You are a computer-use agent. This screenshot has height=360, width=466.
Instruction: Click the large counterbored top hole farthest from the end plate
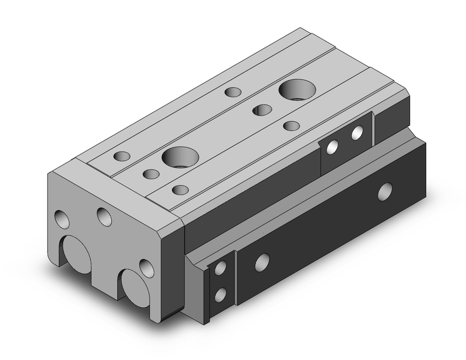point(297,89)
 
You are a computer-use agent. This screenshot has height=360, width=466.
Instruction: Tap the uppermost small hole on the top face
point(232,92)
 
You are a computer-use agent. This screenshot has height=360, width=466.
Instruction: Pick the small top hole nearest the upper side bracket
point(291,125)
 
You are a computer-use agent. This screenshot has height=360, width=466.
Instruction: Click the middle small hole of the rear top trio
point(262,110)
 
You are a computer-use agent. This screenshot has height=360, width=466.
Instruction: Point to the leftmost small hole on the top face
point(122,156)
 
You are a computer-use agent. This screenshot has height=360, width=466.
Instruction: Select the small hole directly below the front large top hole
point(180,190)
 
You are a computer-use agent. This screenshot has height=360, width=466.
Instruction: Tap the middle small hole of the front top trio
point(151,174)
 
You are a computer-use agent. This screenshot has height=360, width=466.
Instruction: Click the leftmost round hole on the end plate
point(62,219)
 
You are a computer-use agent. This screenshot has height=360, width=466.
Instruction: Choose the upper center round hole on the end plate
point(104,216)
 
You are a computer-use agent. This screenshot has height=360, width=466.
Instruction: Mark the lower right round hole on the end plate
point(146,268)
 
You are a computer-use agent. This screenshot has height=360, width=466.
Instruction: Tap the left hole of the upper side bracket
point(333,147)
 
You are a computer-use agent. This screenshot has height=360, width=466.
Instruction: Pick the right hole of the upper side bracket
point(357,133)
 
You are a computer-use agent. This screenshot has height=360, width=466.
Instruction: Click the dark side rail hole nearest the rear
point(384,191)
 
